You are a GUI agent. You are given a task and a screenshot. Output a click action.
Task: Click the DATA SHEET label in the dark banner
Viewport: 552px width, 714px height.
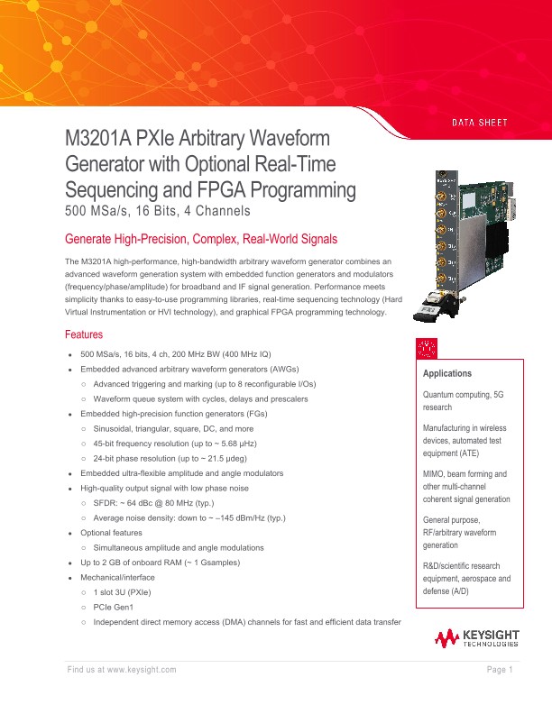click(480, 123)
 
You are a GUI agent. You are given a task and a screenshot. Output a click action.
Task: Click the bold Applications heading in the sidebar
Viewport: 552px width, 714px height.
click(447, 373)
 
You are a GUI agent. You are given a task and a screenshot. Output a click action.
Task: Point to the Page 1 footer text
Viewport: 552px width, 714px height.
click(500, 669)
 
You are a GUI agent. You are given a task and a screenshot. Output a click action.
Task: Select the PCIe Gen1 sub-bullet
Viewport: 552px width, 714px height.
click(118, 608)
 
